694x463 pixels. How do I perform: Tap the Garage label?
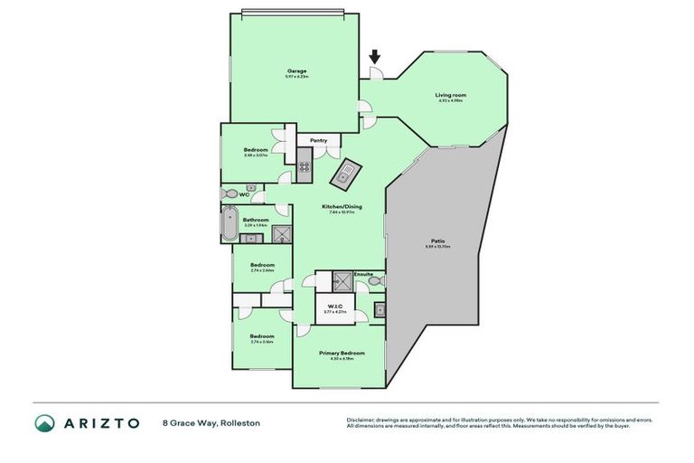pyautogui.click(x=297, y=71)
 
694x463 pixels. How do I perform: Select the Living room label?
pyautogui.click(x=450, y=94)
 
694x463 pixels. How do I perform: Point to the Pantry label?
pyautogui.click(x=318, y=141)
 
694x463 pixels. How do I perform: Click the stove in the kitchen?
pyautogui.click(x=305, y=166)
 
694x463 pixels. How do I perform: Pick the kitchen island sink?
pyautogui.click(x=346, y=175)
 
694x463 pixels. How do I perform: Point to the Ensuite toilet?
pyautogui.click(x=376, y=282)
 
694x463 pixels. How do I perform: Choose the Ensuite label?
pyautogui.click(x=363, y=274)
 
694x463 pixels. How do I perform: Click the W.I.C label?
pyautogui.click(x=334, y=306)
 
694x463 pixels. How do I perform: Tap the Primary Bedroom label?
pyautogui.click(x=342, y=353)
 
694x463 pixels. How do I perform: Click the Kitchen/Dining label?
pyautogui.click(x=342, y=207)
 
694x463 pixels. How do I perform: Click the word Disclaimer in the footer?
pyautogui.click(x=361, y=420)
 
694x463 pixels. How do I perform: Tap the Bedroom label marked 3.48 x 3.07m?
pyautogui.click(x=256, y=150)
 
